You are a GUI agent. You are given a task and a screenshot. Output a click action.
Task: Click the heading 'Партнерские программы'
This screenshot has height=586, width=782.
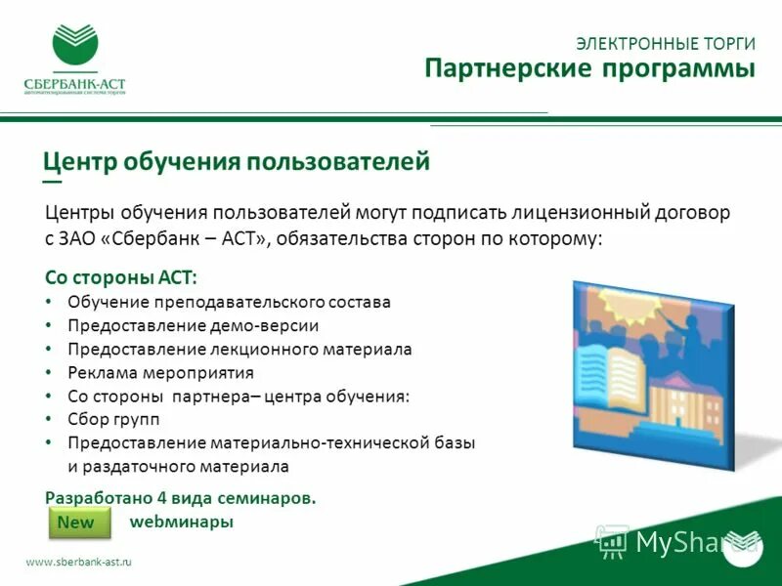(x=589, y=69)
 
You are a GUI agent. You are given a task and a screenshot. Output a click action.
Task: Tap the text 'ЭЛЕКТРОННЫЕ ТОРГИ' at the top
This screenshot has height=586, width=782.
(x=665, y=43)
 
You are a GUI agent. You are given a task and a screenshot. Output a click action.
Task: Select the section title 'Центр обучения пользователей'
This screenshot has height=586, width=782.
(x=237, y=160)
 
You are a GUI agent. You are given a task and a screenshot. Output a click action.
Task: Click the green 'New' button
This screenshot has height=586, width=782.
(x=76, y=523)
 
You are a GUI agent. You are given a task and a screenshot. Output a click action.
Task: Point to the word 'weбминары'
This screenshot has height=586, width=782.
(x=182, y=522)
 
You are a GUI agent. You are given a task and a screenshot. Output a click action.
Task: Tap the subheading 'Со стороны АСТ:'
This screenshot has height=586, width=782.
(x=121, y=276)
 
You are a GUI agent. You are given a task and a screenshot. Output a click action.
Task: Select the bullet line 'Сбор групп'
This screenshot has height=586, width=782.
(x=113, y=419)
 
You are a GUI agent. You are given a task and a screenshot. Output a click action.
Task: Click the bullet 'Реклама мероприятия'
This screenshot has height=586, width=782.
(x=160, y=372)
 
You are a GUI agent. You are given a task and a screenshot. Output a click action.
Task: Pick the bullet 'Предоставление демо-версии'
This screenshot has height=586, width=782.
(x=193, y=325)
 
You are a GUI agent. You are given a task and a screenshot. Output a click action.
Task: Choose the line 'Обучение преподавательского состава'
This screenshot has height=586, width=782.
(x=229, y=302)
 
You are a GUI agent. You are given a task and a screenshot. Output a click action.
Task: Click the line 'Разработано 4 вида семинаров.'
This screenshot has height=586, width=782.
(x=181, y=497)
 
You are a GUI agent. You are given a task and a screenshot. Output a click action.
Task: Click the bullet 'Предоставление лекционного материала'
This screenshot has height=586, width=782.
(x=239, y=349)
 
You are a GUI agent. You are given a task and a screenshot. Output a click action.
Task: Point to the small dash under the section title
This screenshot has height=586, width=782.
(x=52, y=182)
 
